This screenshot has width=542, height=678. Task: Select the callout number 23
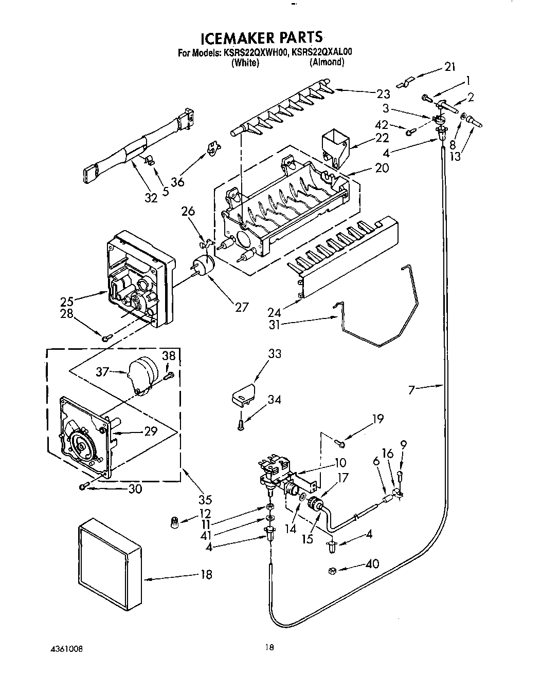[x=383, y=94]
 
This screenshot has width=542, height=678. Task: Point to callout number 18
[x=206, y=575]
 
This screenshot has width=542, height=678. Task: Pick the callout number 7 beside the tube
[x=411, y=390]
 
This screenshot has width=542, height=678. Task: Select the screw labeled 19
[x=339, y=441]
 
